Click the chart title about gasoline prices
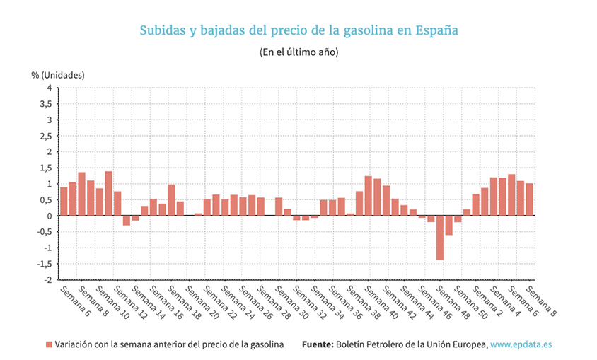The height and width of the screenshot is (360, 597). (x=298, y=30)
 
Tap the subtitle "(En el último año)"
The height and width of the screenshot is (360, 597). (x=298, y=52)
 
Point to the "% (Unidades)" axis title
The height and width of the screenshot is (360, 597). (x=58, y=74)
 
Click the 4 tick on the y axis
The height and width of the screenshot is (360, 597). (x=49, y=88)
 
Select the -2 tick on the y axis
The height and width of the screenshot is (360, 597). (x=47, y=279)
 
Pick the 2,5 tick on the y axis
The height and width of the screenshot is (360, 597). (x=45, y=136)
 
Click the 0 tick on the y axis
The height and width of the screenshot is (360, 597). (x=49, y=216)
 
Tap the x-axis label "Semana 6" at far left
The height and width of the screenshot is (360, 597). (x=74, y=299)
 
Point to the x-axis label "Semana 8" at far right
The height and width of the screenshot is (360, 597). (x=542, y=299)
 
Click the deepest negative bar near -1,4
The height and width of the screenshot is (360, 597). (x=440, y=238)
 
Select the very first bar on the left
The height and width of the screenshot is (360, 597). (x=64, y=202)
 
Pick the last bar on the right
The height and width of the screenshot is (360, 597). (x=529, y=199)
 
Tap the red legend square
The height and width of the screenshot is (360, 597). (x=50, y=344)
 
